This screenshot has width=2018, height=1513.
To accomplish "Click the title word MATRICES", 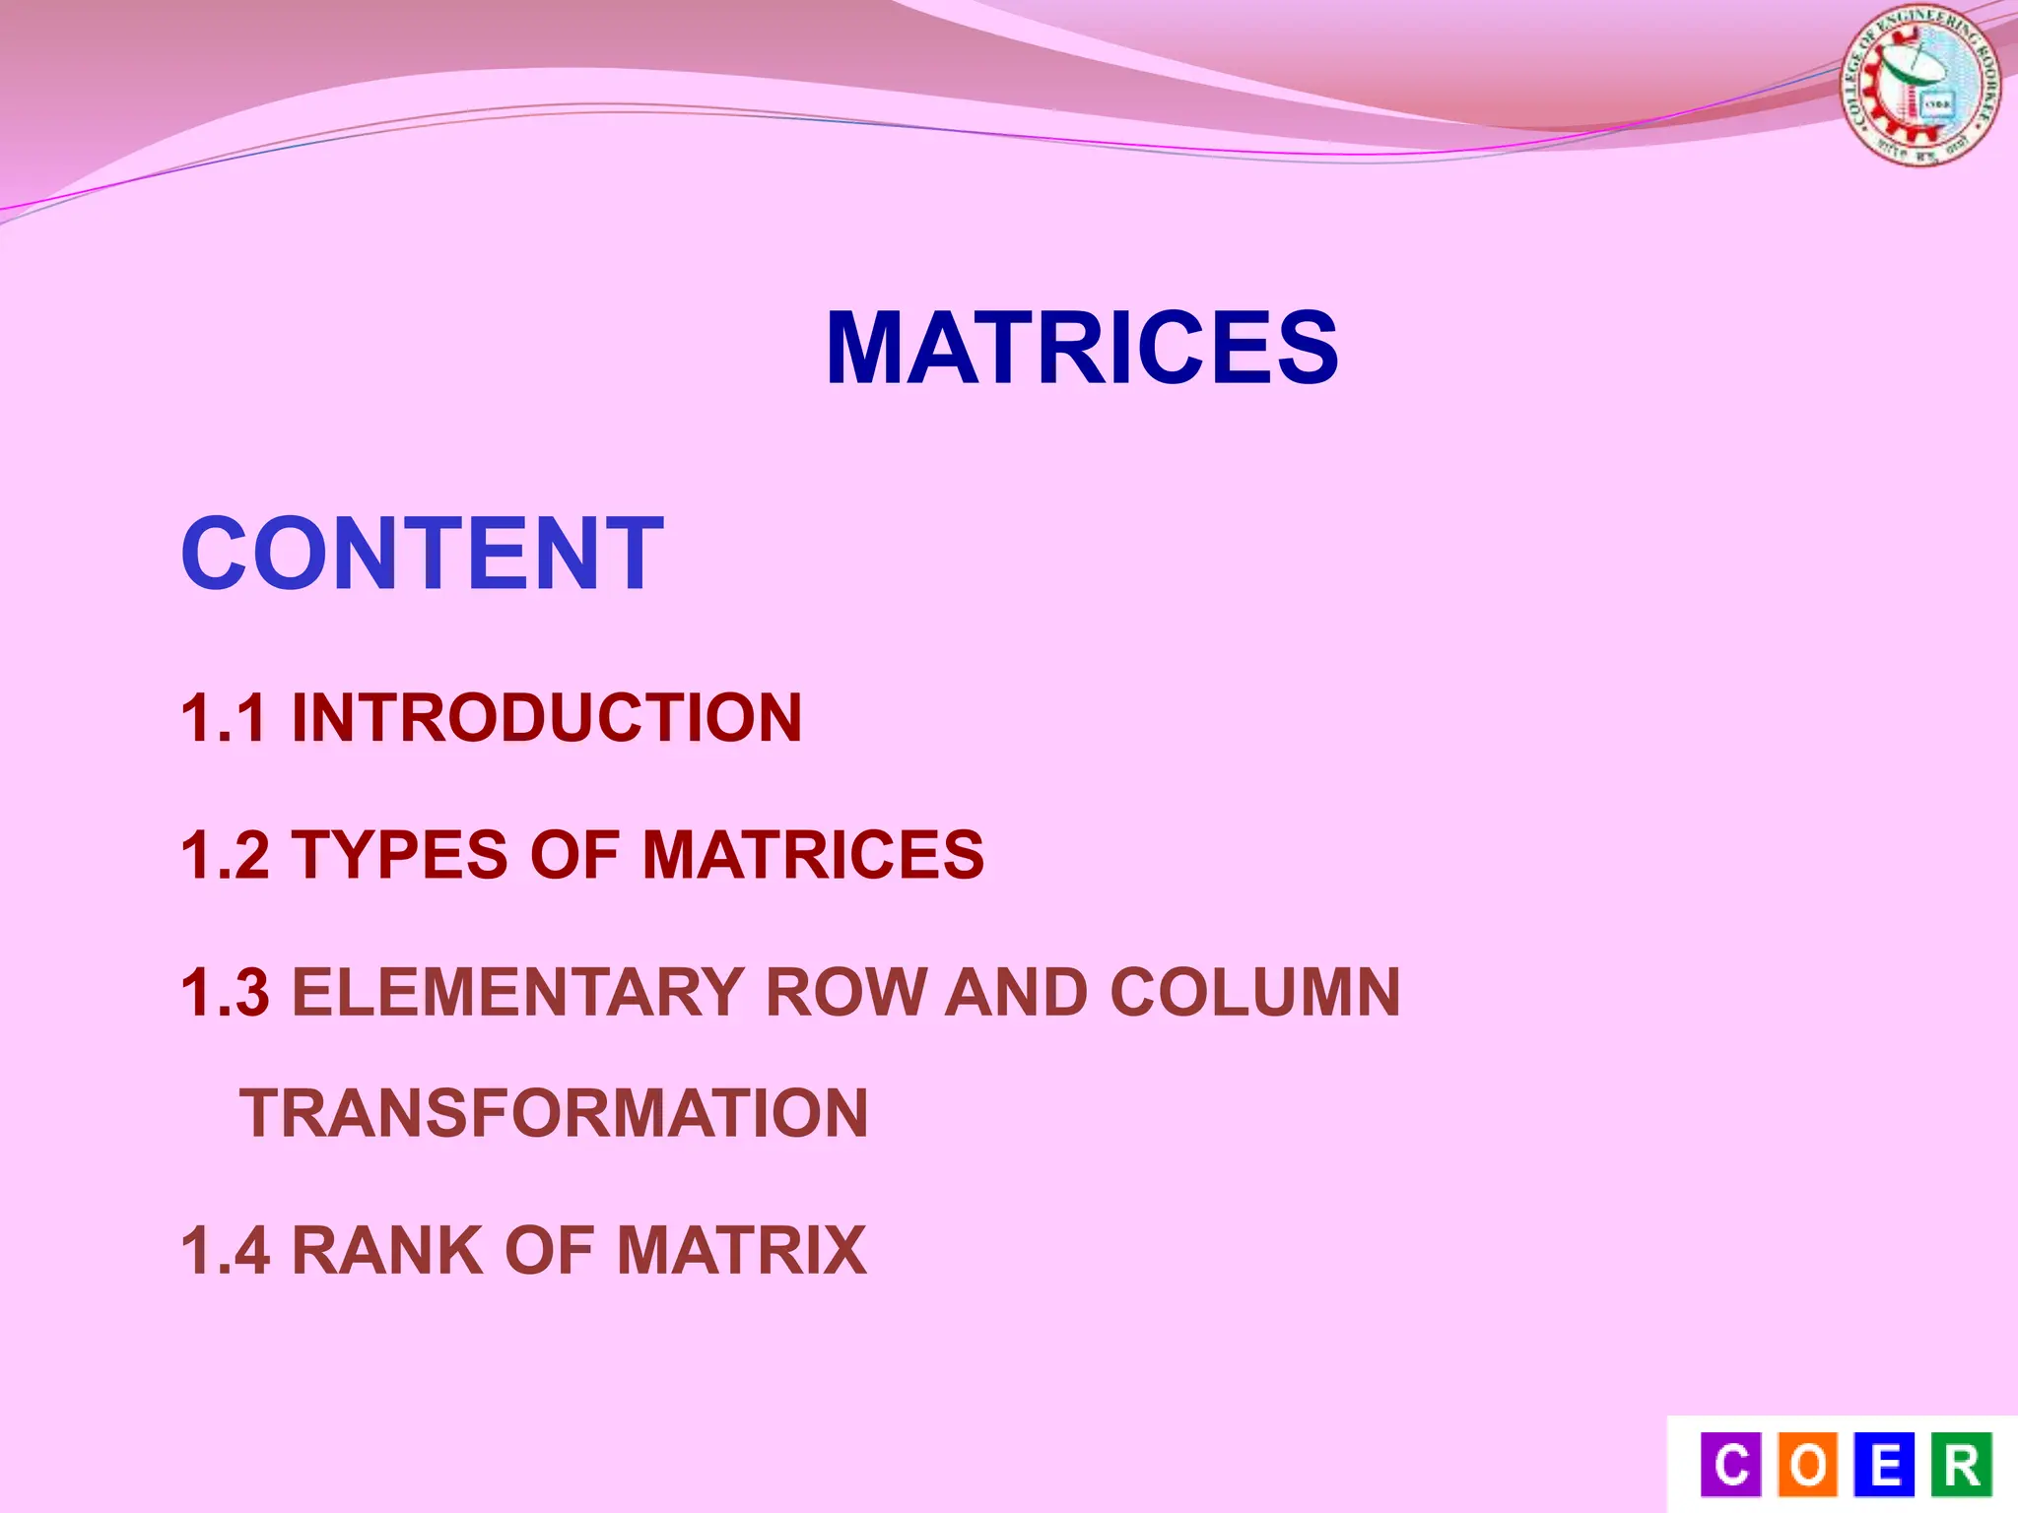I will pos(1082,348).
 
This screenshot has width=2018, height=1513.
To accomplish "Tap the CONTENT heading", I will pos(422,554).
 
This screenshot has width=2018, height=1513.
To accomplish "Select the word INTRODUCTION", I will pos(547,717).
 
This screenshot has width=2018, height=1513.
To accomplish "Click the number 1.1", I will pos(224,717).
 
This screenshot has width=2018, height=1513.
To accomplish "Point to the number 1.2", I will pos(226,854).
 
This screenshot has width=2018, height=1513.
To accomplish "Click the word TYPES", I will pos(400,854).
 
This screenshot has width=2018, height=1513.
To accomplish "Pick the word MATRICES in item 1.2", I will pos(813,854).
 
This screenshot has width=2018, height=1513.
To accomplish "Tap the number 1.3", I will pos(226,992).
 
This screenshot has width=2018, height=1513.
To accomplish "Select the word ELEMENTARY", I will pos(516,992).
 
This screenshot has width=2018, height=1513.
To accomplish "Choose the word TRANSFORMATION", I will pos(554,1113).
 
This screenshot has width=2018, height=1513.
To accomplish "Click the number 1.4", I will pos(226,1251).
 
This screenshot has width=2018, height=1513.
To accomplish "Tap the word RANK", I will pos(387,1251).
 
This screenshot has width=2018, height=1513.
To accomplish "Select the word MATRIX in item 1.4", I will pos(741,1251).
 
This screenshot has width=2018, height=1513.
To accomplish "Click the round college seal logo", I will pos(1919,86).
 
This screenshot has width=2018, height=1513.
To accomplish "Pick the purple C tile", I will pos(1731,1465).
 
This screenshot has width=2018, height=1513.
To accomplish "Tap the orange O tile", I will pos(1808,1465).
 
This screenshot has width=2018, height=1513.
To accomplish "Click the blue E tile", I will pos(1884,1465).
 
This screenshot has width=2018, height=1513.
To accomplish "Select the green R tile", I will pos(1961,1465).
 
